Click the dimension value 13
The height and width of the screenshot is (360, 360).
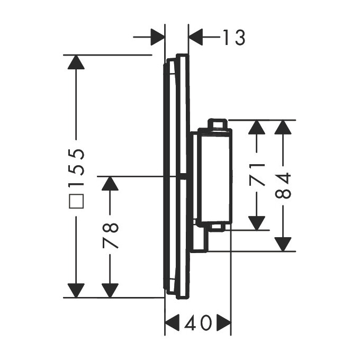[233, 38]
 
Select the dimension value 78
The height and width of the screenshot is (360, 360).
[110, 237]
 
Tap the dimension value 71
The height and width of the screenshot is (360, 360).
[257, 175]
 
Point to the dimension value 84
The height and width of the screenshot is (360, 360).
[284, 186]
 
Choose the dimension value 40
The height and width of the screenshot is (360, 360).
[198, 322]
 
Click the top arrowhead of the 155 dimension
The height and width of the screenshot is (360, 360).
[76, 62]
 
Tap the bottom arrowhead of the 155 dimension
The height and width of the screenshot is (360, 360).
[76, 290]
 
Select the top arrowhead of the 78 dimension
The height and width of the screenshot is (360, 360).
[110, 184]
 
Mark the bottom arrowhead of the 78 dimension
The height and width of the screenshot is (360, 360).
[110, 290]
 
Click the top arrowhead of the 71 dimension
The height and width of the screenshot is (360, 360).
[257, 128]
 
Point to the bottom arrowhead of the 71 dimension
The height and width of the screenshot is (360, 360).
[257, 222]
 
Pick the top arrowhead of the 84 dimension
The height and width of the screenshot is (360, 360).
[284, 128]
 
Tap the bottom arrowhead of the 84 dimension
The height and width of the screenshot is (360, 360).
[284, 244]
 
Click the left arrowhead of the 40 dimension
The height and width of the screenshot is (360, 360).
[173, 322]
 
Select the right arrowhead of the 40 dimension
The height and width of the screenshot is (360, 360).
[224, 322]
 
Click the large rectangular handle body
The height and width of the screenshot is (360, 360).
[214, 175]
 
